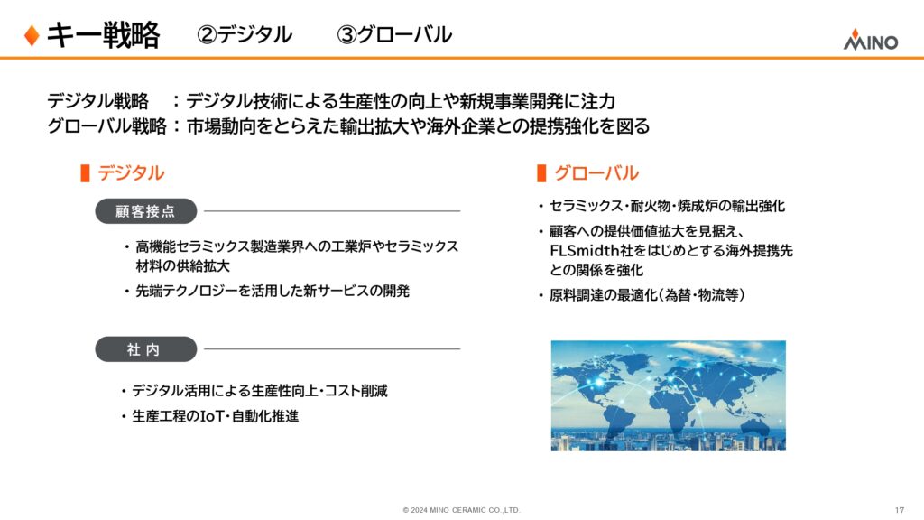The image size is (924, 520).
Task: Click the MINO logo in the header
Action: tap(871, 40)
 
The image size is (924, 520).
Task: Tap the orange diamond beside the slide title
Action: tap(32, 35)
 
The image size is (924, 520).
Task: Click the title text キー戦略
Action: tap(103, 35)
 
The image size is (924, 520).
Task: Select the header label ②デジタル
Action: tap(245, 35)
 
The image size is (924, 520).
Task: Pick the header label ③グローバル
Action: tap(394, 35)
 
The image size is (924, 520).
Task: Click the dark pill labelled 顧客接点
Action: tap(145, 211)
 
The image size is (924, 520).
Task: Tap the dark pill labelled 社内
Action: tap(145, 349)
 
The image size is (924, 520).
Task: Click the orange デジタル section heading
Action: tap(131, 172)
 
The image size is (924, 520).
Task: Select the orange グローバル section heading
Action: tap(596, 172)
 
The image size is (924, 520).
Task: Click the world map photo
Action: tap(669, 395)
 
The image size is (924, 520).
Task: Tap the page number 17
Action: tap(900, 510)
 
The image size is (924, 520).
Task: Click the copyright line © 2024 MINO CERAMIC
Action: tap(461, 510)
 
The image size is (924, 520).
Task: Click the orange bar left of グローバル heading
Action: tap(541, 173)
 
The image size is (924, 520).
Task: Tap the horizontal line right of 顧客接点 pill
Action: tap(332, 211)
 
